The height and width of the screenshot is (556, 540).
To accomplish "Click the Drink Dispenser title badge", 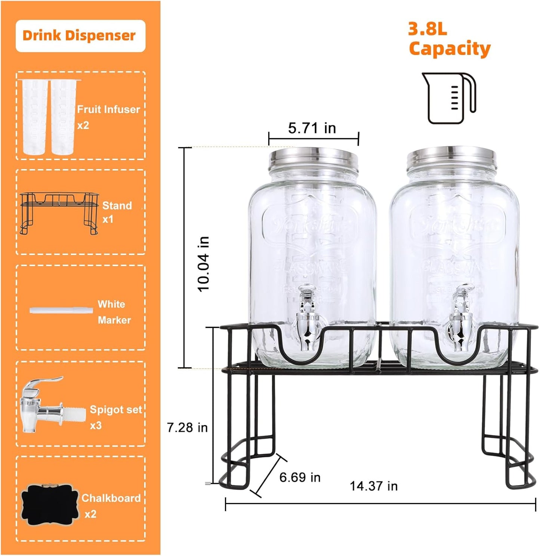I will click(x=80, y=36).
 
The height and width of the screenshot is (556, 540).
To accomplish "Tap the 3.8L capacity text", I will click(x=449, y=39).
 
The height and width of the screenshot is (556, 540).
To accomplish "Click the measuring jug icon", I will click(x=448, y=98).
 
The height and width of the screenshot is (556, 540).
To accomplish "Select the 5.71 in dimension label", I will click(x=312, y=128).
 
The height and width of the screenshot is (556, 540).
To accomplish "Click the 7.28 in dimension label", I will click(x=187, y=427).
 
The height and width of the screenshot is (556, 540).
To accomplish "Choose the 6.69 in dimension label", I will click(x=300, y=477).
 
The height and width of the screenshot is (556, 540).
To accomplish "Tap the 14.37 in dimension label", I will click(x=373, y=486).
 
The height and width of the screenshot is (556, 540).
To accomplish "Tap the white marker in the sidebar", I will click(x=61, y=310).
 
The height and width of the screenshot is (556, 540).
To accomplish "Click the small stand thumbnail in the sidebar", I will click(x=59, y=213).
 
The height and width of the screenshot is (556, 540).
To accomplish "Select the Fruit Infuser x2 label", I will click(x=108, y=117).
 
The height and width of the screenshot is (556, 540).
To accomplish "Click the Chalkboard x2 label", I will click(x=111, y=506).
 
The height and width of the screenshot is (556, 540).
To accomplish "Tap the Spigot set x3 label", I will click(x=115, y=417).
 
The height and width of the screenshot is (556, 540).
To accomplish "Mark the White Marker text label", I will click(x=114, y=312).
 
